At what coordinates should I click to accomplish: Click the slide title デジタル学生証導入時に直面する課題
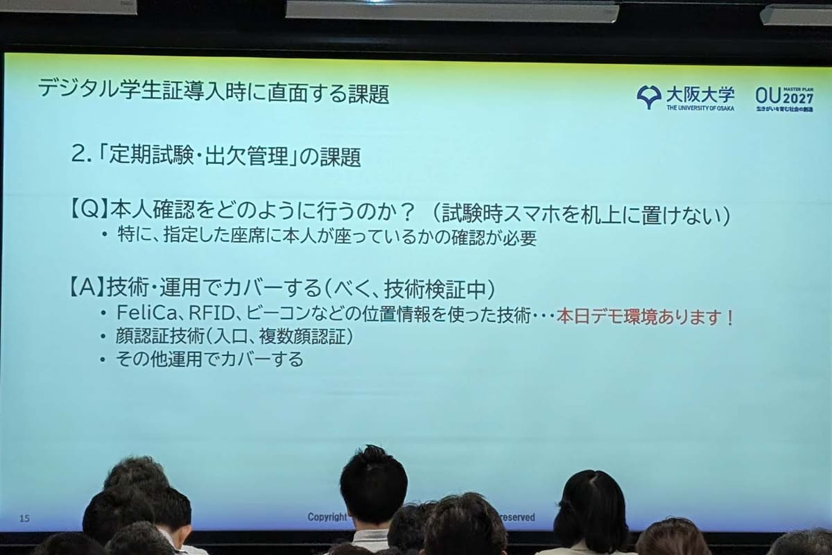pyautogui.click(x=213, y=92)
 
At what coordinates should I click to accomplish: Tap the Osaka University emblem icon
pyautogui.click(x=649, y=96)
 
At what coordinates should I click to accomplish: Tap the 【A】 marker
pyautogui.click(x=87, y=287)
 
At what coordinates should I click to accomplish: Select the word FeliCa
pyautogui.click(x=144, y=314)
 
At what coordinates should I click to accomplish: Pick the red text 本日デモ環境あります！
pyautogui.click(x=645, y=317)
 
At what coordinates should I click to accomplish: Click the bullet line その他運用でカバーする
pyautogui.click(x=209, y=359)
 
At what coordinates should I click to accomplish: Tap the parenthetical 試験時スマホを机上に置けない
pyautogui.click(x=580, y=214)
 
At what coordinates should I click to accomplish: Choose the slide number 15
pyautogui.click(x=25, y=518)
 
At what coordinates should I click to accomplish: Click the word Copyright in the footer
pyautogui.click(x=327, y=517)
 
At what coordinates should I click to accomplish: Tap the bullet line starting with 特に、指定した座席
pyautogui.click(x=326, y=238)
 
